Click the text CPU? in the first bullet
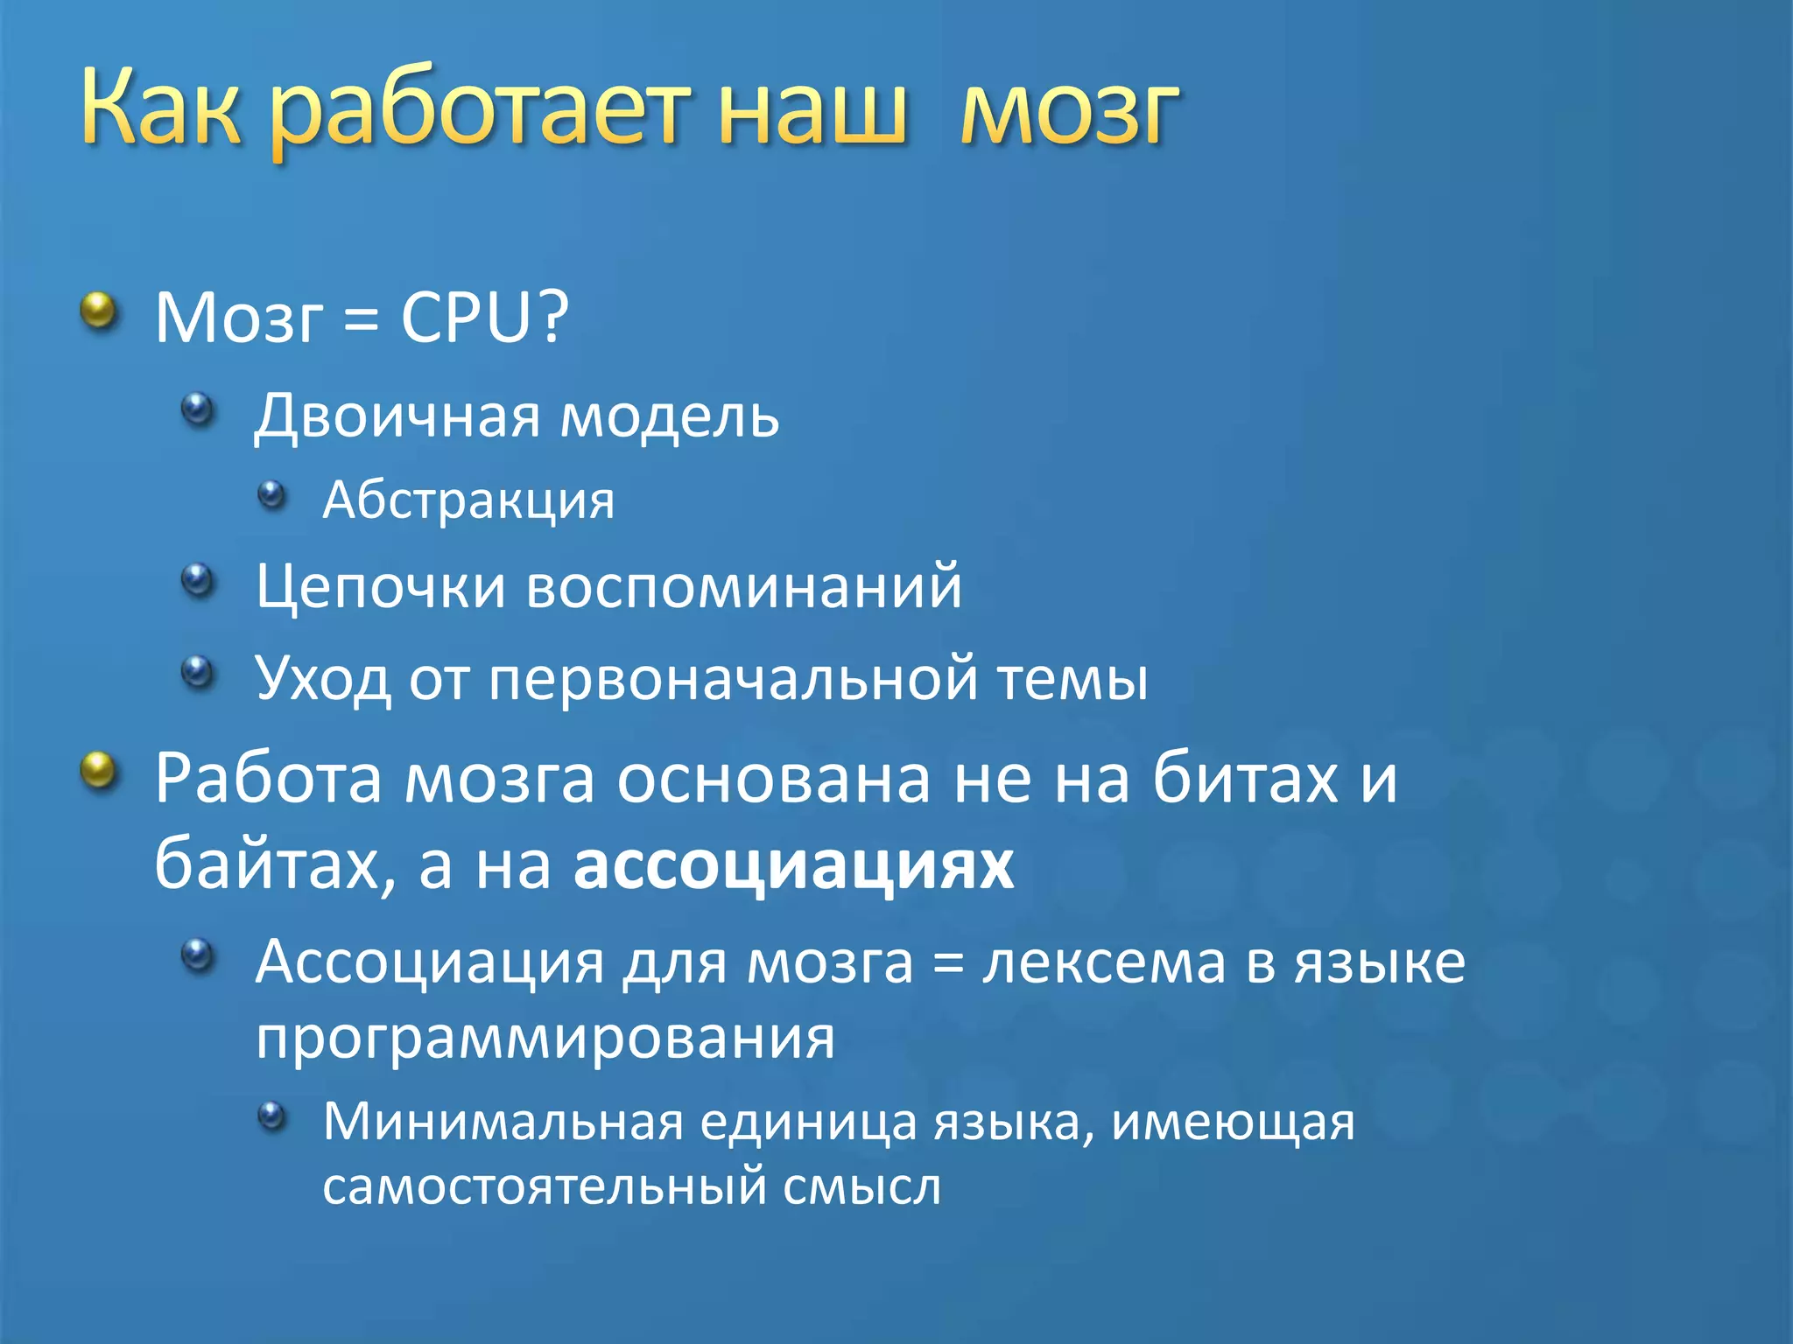[484, 317]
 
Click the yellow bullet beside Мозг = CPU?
[99, 311]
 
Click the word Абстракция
[468, 500]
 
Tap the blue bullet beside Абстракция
[272, 495]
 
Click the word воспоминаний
[744, 586]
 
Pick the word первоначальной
[733, 678]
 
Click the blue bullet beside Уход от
[198, 672]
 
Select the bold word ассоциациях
[793, 865]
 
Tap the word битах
[1245, 779]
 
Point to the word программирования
[545, 1039]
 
